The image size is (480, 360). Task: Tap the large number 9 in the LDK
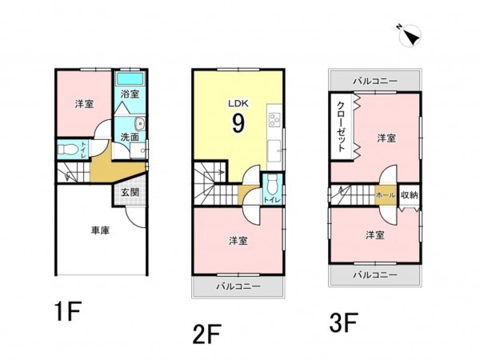pyautogui.click(x=238, y=122)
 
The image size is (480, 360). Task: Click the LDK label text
pyautogui.click(x=238, y=103)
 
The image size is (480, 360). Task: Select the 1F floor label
pyautogui.click(x=68, y=310)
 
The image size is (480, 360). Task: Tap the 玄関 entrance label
pyautogui.click(x=130, y=193)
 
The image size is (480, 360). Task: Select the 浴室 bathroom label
pyautogui.click(x=130, y=94)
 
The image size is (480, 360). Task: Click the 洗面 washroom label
pyautogui.click(x=130, y=137)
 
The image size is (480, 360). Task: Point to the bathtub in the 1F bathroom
pyautogui.click(x=129, y=81)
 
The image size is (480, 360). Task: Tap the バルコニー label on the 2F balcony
pyautogui.click(x=237, y=286)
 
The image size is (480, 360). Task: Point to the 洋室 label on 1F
pyautogui.click(x=85, y=105)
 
